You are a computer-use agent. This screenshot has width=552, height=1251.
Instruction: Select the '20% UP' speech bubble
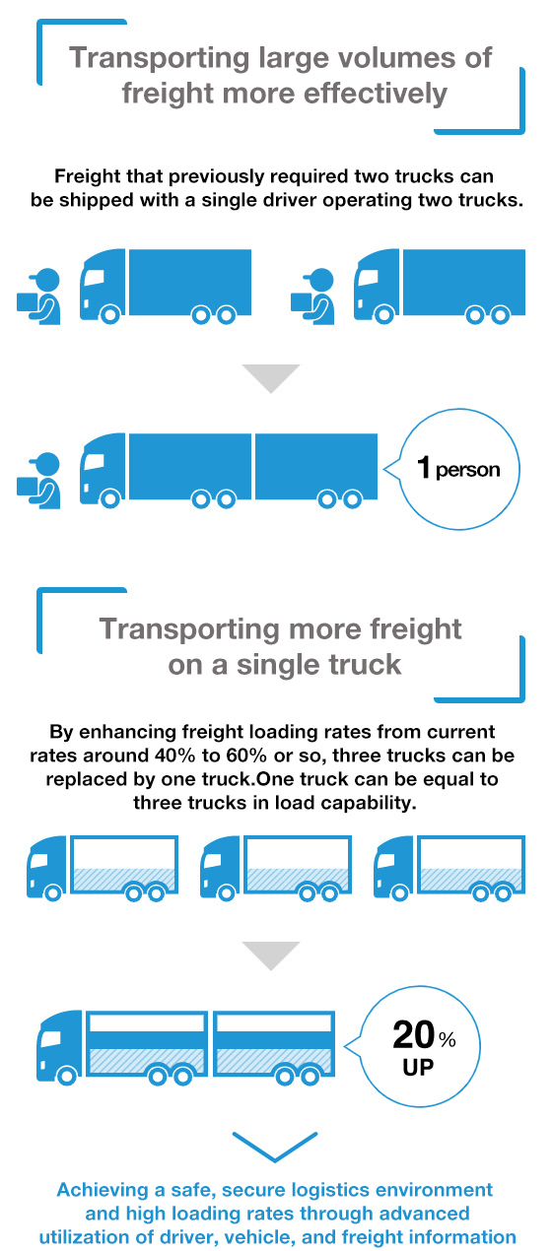click(x=413, y=1046)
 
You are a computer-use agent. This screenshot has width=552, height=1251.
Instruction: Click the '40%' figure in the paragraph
click(x=174, y=756)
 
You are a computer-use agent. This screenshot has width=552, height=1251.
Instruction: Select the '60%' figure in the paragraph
click(x=246, y=756)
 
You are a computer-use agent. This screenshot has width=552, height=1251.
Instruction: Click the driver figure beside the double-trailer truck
click(x=39, y=481)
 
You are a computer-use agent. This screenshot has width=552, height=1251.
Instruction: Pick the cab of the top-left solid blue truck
click(x=103, y=285)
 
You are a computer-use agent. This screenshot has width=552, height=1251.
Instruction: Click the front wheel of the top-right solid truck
click(x=383, y=315)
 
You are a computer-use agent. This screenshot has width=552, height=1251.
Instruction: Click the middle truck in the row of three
click(x=276, y=868)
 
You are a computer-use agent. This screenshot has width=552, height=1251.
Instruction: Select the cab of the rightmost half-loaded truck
click(x=392, y=867)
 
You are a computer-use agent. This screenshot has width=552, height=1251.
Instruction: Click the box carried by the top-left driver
click(x=27, y=301)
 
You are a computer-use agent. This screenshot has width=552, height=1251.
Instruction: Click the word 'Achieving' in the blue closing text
click(x=103, y=1190)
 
